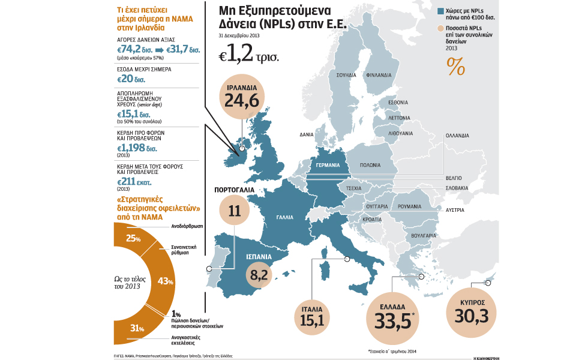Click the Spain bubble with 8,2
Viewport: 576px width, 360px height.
coord(259,275)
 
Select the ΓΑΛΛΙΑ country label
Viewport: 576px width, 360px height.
coord(285,218)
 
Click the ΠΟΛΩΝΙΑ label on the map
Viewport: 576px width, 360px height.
coord(370,164)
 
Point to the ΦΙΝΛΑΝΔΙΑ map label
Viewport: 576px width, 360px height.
coord(379,76)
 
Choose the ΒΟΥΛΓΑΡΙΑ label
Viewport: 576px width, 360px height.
coord(424,236)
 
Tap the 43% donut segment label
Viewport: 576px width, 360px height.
coord(165,281)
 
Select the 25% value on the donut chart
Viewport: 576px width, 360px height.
coord(133,238)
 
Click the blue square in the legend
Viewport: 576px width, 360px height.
coord(440,11)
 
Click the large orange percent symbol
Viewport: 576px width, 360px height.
coord(455,68)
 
